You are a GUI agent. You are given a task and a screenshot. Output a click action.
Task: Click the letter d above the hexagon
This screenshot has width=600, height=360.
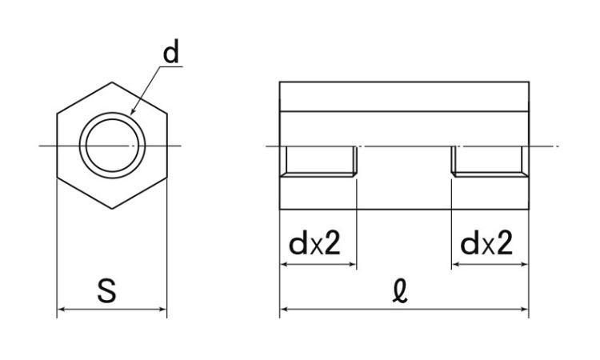171,52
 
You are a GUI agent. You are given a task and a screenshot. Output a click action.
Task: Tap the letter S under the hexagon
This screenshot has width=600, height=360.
106,291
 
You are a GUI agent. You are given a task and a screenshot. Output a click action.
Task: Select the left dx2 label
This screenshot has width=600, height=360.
314,243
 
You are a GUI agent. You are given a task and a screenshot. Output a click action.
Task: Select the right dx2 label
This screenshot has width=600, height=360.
486,243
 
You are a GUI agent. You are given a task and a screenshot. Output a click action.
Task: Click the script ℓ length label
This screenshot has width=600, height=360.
400,291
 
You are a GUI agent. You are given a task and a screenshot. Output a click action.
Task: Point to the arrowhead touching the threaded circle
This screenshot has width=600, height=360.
132,111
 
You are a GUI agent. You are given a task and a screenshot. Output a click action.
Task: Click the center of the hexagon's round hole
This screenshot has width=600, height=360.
112,146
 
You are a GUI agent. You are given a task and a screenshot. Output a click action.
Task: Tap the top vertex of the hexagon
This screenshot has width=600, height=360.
112,82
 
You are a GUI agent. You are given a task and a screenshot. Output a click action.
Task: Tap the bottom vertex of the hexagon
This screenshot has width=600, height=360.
112,209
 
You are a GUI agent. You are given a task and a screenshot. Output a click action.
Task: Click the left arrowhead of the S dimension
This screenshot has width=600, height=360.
61,309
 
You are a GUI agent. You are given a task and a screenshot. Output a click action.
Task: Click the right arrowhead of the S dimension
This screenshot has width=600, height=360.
163,309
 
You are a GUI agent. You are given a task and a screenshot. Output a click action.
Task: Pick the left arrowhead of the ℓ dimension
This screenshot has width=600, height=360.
283,309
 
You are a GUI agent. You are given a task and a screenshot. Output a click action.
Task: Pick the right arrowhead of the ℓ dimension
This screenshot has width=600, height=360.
525,309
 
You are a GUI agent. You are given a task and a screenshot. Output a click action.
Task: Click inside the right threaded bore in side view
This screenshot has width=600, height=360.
487,160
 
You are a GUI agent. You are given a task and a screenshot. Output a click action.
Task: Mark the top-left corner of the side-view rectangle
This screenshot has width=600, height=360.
280,82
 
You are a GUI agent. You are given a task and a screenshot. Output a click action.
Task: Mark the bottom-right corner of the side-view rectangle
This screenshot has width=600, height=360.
530,210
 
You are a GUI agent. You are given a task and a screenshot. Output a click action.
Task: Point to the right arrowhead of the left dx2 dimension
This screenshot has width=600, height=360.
353,264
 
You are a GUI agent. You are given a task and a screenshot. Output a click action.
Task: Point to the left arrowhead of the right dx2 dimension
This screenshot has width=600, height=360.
456,264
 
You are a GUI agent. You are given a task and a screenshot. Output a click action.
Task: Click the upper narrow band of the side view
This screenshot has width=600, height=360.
405,97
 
